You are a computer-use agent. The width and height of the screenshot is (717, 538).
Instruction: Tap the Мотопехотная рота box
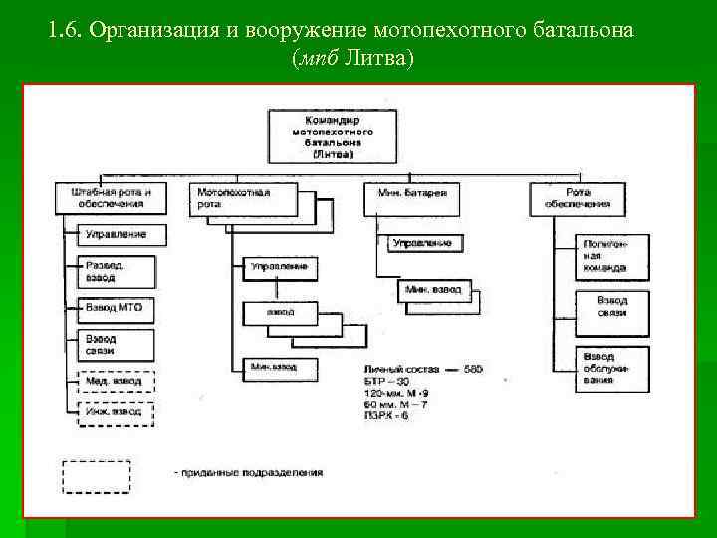(242, 197)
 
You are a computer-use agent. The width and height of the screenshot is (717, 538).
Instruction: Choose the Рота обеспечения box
(577, 197)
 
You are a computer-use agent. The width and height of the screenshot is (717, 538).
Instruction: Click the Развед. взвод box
(116, 271)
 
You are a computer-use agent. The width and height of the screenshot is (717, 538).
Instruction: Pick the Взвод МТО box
(116, 309)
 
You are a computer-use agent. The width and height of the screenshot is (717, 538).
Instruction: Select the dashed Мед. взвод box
(116, 380)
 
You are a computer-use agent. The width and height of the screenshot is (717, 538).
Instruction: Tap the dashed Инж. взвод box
(116, 411)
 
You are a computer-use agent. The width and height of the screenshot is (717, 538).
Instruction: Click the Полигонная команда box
(614, 257)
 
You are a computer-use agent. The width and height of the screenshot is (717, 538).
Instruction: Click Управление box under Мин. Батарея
(422, 243)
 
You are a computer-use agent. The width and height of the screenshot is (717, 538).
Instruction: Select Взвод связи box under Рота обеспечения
(614, 307)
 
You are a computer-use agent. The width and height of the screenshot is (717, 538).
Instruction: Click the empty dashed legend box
(97, 476)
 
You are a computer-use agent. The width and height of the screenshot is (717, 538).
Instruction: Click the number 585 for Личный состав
(472, 369)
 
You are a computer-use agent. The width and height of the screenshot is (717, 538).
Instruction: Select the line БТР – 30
(387, 383)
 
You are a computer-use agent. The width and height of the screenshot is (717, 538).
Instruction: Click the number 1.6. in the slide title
(65, 29)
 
